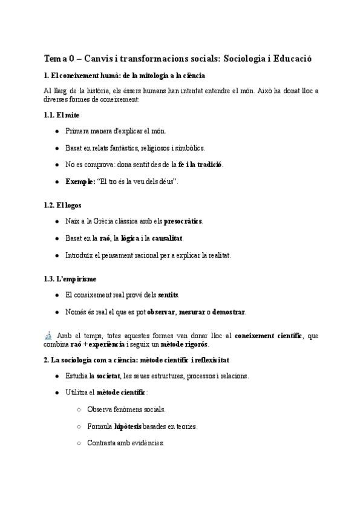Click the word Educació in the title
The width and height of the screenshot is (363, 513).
(293, 59)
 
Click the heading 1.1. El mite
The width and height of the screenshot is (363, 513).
(62, 115)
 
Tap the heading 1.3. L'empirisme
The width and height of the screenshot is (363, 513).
(70, 279)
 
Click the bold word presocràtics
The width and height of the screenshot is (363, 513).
(183, 221)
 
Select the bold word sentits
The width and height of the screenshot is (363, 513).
(168, 295)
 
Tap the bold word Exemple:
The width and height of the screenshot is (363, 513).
(80, 181)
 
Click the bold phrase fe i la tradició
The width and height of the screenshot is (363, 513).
(200, 165)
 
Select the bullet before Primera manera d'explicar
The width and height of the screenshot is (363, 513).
(56, 131)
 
